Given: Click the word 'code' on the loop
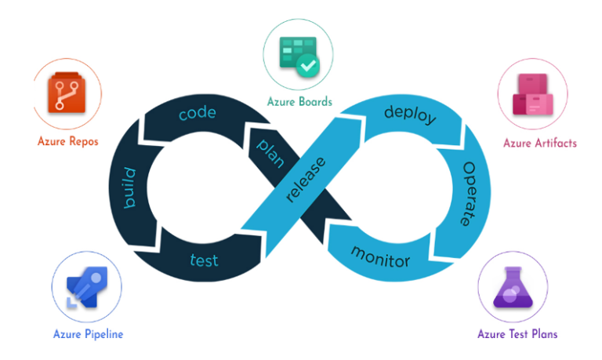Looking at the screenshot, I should (197, 114).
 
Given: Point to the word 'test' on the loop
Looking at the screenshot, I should (204, 260).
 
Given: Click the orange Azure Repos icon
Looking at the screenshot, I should (66, 99).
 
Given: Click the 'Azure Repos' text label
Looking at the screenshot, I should (67, 142).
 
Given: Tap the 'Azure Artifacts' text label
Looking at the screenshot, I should (539, 144).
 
